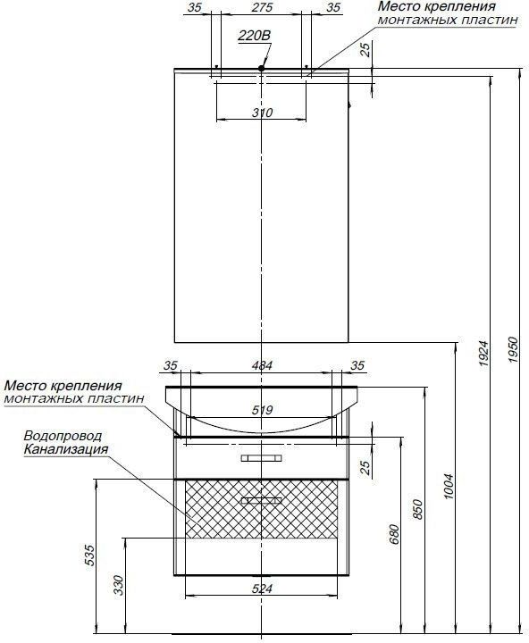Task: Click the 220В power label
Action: tap(255, 36)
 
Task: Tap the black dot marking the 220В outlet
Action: tap(262, 69)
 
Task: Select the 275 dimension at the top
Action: tap(262, 7)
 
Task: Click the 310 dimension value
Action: tap(262, 113)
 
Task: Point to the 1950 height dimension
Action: tap(514, 349)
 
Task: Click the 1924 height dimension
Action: tap(484, 353)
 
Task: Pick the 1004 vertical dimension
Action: tap(449, 486)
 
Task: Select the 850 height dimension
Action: tap(417, 509)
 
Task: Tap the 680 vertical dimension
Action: tap(393, 533)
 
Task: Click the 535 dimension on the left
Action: tap(90, 555)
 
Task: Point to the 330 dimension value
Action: tap(118, 585)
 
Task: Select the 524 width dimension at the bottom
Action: tap(262, 589)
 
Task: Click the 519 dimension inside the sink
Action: tap(262, 410)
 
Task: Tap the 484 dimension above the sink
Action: tap(262, 365)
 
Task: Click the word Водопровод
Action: tap(63, 436)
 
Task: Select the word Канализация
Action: tap(66, 448)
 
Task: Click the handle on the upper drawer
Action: tap(262, 458)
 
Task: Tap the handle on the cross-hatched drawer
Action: tap(262, 501)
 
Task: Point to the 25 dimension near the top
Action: tap(365, 49)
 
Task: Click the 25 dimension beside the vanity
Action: tap(365, 467)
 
